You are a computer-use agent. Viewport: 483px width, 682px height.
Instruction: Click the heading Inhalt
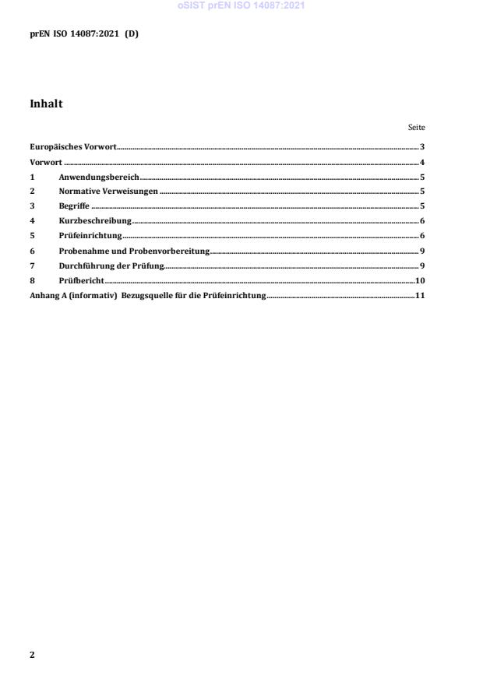(46, 104)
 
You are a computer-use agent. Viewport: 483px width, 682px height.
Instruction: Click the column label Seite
(416, 128)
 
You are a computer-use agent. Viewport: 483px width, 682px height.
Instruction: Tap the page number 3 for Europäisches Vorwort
(421, 147)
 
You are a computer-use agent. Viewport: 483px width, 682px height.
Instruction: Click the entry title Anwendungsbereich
(99, 178)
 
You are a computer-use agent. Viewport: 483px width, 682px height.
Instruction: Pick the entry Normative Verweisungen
(108, 192)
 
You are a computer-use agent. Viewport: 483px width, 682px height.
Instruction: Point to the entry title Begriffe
(74, 206)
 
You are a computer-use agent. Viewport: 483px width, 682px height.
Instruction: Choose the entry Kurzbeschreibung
(95, 221)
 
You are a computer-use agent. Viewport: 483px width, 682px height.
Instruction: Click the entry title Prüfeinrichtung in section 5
(90, 236)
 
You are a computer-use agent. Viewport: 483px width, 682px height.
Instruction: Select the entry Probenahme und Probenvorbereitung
(134, 251)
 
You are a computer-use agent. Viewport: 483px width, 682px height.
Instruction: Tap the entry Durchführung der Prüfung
(111, 265)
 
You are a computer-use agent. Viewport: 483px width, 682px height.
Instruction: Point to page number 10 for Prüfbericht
(419, 280)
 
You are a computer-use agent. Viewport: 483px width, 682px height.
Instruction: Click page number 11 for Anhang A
(419, 296)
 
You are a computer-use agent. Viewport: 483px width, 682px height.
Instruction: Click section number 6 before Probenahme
(32, 251)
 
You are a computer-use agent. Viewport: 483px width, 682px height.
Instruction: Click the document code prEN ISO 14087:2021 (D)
(84, 33)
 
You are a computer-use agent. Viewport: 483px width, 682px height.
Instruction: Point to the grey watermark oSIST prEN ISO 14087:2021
(241, 5)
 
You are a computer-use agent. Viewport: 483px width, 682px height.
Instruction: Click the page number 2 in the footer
(32, 655)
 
